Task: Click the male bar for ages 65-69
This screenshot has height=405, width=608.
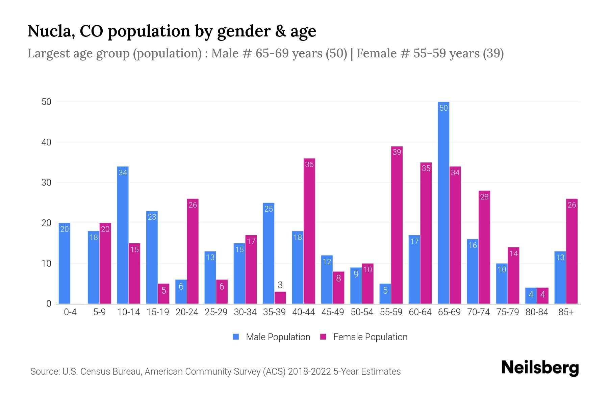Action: click(x=443, y=202)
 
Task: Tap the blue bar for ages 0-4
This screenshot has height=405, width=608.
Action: click(x=64, y=263)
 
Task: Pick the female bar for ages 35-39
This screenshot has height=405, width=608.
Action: click(x=280, y=298)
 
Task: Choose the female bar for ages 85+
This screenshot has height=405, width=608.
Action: click(x=572, y=251)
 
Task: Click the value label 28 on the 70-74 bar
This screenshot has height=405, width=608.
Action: click(x=484, y=197)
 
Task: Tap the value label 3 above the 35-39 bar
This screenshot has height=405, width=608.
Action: click(x=280, y=285)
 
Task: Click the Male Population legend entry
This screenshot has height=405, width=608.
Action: click(x=272, y=337)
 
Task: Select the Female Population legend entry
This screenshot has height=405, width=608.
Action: click(x=364, y=337)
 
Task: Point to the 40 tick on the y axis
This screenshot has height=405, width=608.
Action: click(x=46, y=142)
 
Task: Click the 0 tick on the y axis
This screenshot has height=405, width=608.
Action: click(x=49, y=304)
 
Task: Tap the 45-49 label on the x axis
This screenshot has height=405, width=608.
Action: click(x=332, y=312)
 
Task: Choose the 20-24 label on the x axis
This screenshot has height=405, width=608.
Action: click(x=187, y=312)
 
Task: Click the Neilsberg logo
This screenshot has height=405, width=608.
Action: click(x=540, y=368)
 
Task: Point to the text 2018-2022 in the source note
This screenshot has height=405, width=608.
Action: click(x=309, y=372)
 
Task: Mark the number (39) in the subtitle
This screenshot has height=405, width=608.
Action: click(x=493, y=53)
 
